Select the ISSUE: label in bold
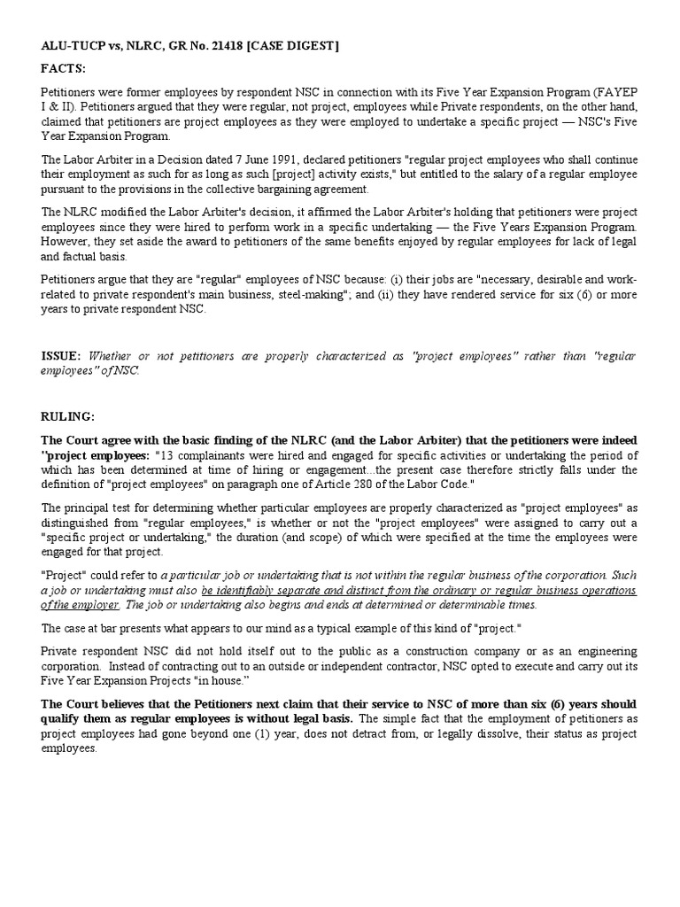(61, 356)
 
